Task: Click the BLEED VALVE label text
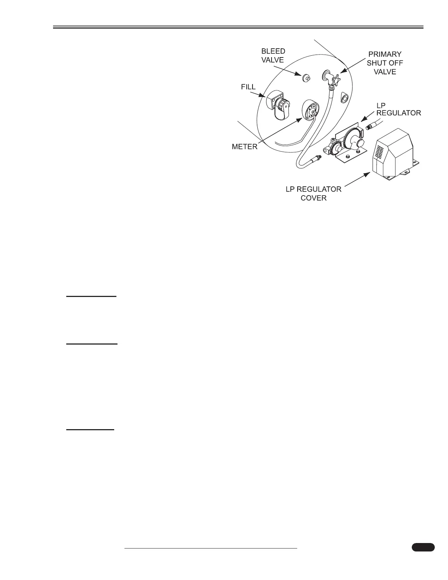[273, 55]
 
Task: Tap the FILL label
[248, 88]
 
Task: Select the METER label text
[244, 147]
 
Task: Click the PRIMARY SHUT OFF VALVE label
[385, 63]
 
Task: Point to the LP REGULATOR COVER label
[313, 193]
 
